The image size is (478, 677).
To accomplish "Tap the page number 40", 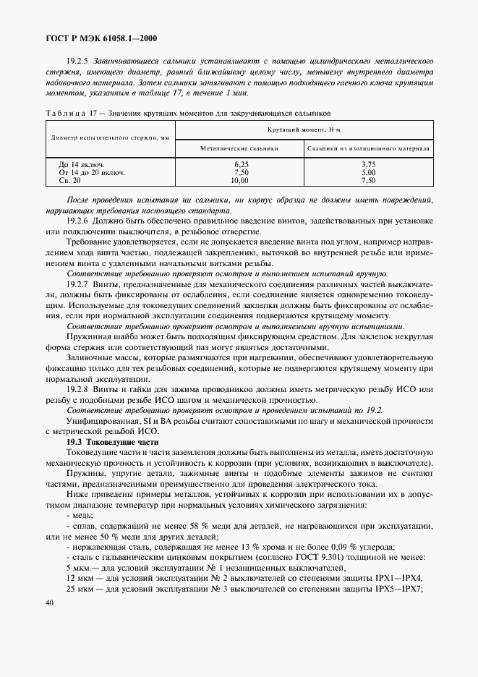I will (x=49, y=603).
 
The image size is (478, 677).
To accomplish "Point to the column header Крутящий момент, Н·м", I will (x=304, y=129).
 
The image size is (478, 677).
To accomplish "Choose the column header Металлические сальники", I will (x=239, y=148).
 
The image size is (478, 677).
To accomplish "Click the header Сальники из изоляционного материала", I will (x=369, y=148).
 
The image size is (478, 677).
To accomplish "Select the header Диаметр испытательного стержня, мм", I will (x=110, y=137).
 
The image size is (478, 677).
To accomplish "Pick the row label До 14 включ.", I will (x=81, y=165).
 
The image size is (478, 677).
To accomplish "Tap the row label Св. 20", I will (x=71, y=181).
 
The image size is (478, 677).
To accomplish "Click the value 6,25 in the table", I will (x=241, y=165).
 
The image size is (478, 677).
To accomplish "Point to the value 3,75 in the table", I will (x=369, y=165).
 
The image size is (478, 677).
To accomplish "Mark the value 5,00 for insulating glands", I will (x=369, y=173).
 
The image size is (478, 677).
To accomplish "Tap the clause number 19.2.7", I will (x=77, y=285).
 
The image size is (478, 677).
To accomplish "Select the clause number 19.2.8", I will (x=77, y=388).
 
